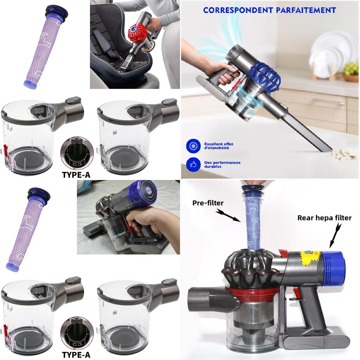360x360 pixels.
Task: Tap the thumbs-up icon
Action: [x=193, y=164]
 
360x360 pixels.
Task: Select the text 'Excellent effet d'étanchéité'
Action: [x=219, y=146]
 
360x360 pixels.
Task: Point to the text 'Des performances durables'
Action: [x=222, y=164]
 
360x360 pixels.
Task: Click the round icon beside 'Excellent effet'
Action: [x=193, y=146]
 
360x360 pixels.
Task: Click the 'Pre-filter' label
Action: [x=208, y=203]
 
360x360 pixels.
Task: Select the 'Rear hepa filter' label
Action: [x=324, y=218]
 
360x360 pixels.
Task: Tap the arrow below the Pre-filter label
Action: [x=228, y=216]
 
